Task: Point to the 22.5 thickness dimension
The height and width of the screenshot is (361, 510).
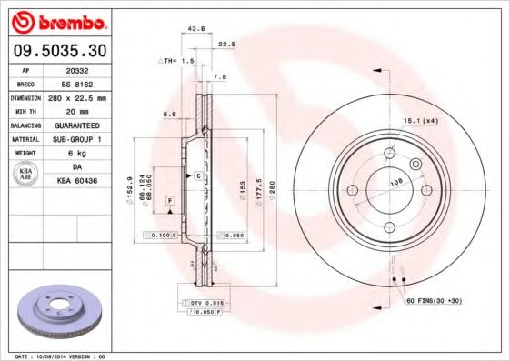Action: pos(226,44)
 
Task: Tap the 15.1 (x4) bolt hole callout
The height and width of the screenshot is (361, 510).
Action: pos(420,120)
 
